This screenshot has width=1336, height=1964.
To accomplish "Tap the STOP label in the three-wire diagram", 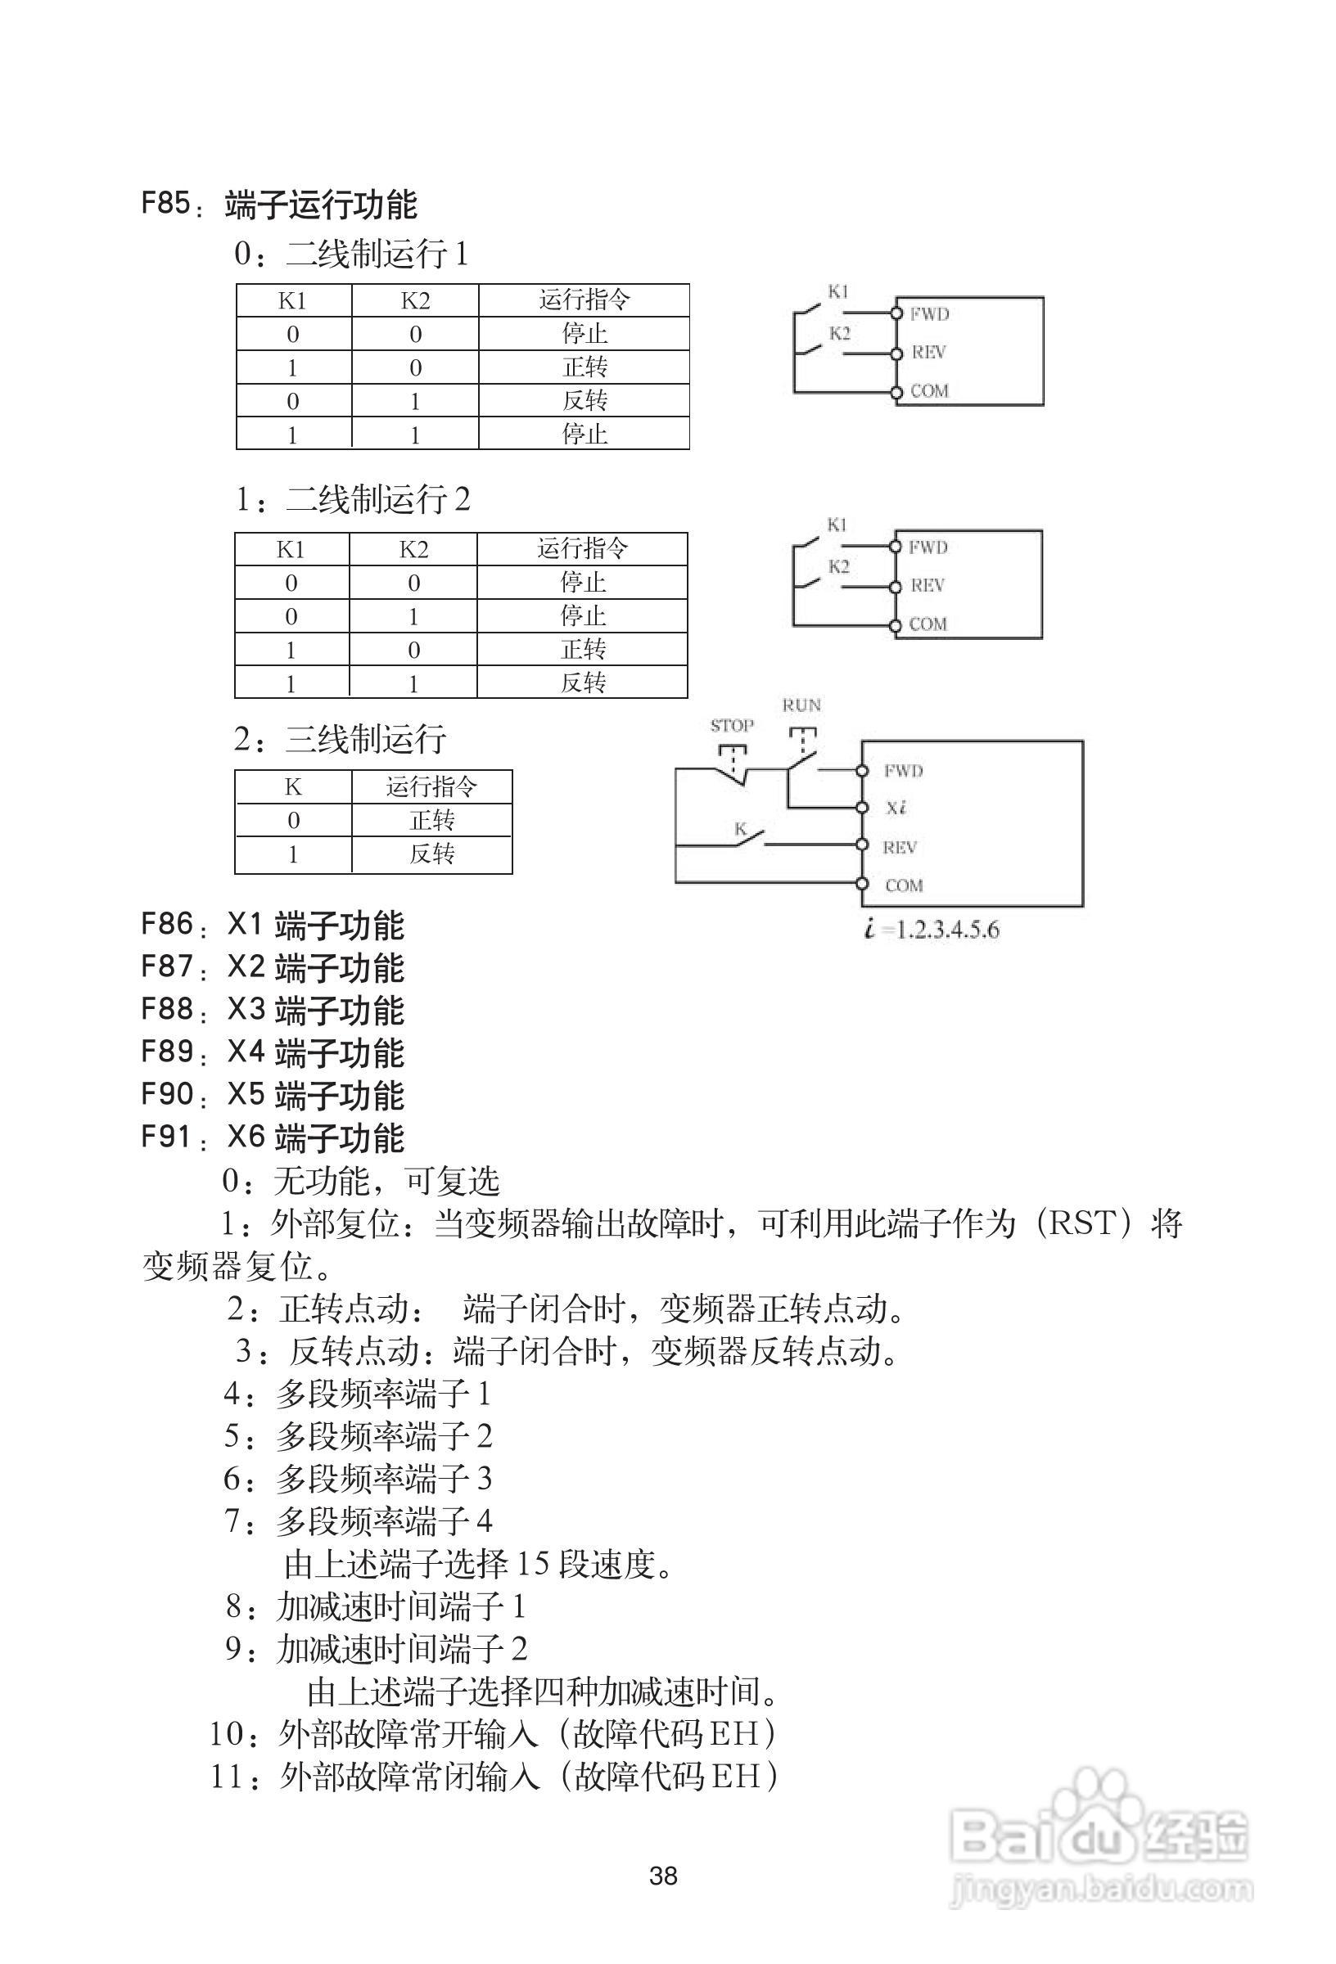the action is tap(731, 725).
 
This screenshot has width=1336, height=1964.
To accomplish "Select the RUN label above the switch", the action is tap(801, 705).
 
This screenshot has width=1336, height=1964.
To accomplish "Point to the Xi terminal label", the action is tap(896, 808).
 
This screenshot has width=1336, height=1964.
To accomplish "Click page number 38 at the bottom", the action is tap(664, 1876).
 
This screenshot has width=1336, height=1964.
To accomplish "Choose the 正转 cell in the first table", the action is tap(584, 367).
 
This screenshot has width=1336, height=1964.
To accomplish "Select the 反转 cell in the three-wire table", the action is tap(432, 854).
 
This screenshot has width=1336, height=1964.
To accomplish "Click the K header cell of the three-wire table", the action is tap(292, 786).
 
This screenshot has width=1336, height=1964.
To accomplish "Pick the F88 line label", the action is tap(168, 1009).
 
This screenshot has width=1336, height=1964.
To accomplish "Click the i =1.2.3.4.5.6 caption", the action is tap(932, 930).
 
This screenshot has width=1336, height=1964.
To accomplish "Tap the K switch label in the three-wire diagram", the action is tap(740, 829).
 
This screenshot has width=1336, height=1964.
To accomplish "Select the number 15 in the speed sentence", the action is tap(533, 1565).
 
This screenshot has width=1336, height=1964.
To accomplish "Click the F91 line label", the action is tap(168, 1137).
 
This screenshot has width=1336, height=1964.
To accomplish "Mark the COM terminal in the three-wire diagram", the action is tap(903, 885).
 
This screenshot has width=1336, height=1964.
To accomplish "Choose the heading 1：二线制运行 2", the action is tap(354, 498).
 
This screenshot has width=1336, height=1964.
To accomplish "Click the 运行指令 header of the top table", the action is tap(584, 300).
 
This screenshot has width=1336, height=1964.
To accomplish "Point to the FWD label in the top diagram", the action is tap(929, 314).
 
